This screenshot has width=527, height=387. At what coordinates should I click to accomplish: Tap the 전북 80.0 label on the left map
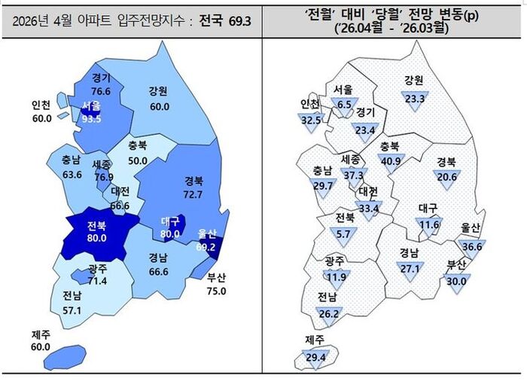tap(96, 232)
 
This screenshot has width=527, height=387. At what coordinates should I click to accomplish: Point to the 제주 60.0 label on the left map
tap(40, 340)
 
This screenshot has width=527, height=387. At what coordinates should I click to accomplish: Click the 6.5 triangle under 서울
tap(345, 105)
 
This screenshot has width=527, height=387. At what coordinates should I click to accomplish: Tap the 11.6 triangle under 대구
tap(429, 224)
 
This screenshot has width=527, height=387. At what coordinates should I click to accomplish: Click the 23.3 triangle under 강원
tap(414, 98)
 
